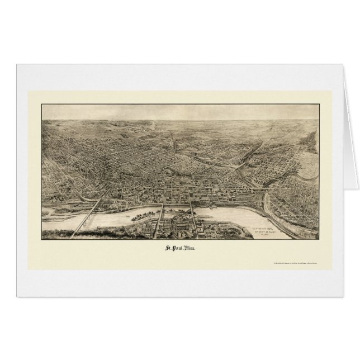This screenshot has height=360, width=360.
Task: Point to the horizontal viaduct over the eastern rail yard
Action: [256, 190]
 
